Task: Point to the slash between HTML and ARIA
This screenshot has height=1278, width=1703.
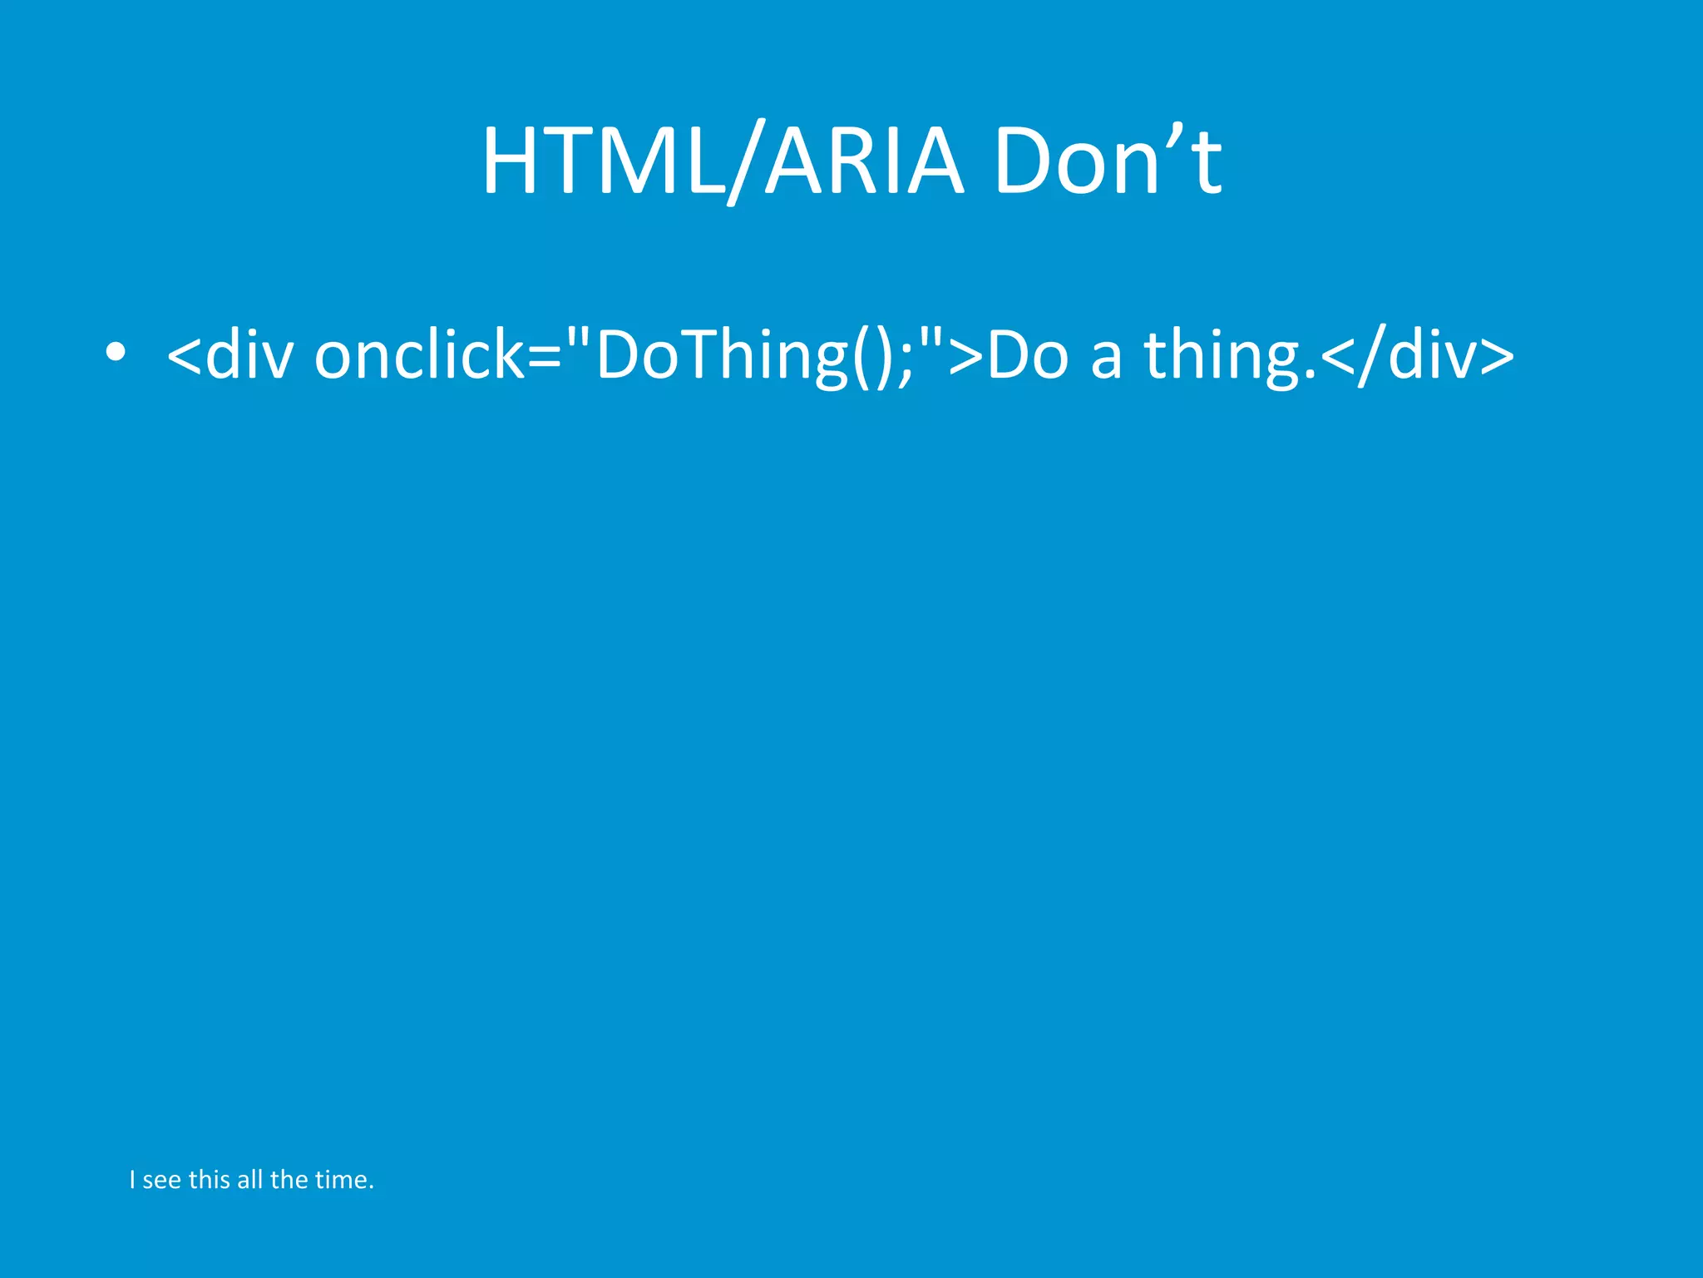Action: click(x=746, y=162)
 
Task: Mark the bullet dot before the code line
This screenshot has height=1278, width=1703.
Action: click(x=116, y=353)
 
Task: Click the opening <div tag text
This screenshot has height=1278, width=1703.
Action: click(x=230, y=355)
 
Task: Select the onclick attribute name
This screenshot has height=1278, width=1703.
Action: click(x=420, y=355)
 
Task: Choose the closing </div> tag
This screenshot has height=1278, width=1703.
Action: click(x=1418, y=355)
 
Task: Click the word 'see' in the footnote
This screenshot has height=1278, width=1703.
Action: click(x=162, y=1180)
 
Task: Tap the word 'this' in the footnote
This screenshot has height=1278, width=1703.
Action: click(x=209, y=1179)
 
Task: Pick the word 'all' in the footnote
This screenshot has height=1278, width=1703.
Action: click(x=249, y=1179)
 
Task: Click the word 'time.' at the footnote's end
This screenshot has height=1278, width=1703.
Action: click(x=344, y=1179)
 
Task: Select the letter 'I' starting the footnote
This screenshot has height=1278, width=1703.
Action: click(x=132, y=1179)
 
